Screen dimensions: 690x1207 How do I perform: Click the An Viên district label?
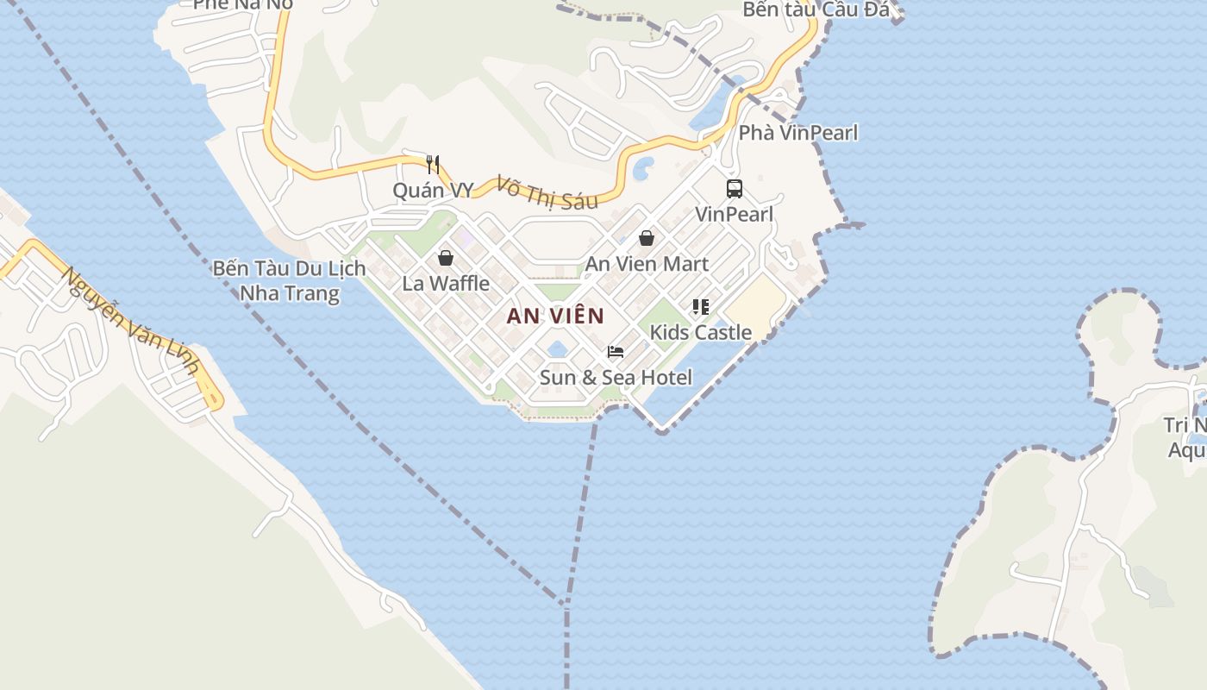pyautogui.click(x=555, y=316)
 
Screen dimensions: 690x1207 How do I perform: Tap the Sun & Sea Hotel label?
pyautogui.click(x=616, y=377)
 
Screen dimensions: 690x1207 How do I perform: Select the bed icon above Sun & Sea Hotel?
pyautogui.click(x=616, y=351)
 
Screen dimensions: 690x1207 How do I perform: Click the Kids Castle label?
pyautogui.click(x=700, y=332)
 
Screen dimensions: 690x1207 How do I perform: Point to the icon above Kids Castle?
pyautogui.click(x=700, y=306)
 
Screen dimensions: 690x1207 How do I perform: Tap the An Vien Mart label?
pyautogui.click(x=647, y=264)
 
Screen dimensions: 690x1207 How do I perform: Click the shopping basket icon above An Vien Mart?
pyautogui.click(x=647, y=238)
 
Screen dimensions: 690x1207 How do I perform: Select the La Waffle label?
pyautogui.click(x=446, y=283)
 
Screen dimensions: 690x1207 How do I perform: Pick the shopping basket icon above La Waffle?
pyautogui.click(x=446, y=257)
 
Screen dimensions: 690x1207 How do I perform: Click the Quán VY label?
pyautogui.click(x=433, y=190)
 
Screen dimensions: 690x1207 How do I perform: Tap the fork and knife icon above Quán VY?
pyautogui.click(x=433, y=164)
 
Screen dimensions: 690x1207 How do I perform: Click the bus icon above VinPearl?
pyautogui.click(x=735, y=188)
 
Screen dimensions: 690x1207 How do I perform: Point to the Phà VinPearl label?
pyautogui.click(x=798, y=133)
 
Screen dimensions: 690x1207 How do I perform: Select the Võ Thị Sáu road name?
pyautogui.click(x=547, y=193)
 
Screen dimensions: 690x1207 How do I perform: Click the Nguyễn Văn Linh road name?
pyautogui.click(x=130, y=321)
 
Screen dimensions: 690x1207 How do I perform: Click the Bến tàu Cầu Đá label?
pyautogui.click(x=816, y=10)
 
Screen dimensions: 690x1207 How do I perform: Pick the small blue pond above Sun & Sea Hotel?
pyautogui.click(x=558, y=348)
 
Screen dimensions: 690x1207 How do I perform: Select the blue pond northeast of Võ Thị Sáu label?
pyautogui.click(x=643, y=168)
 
